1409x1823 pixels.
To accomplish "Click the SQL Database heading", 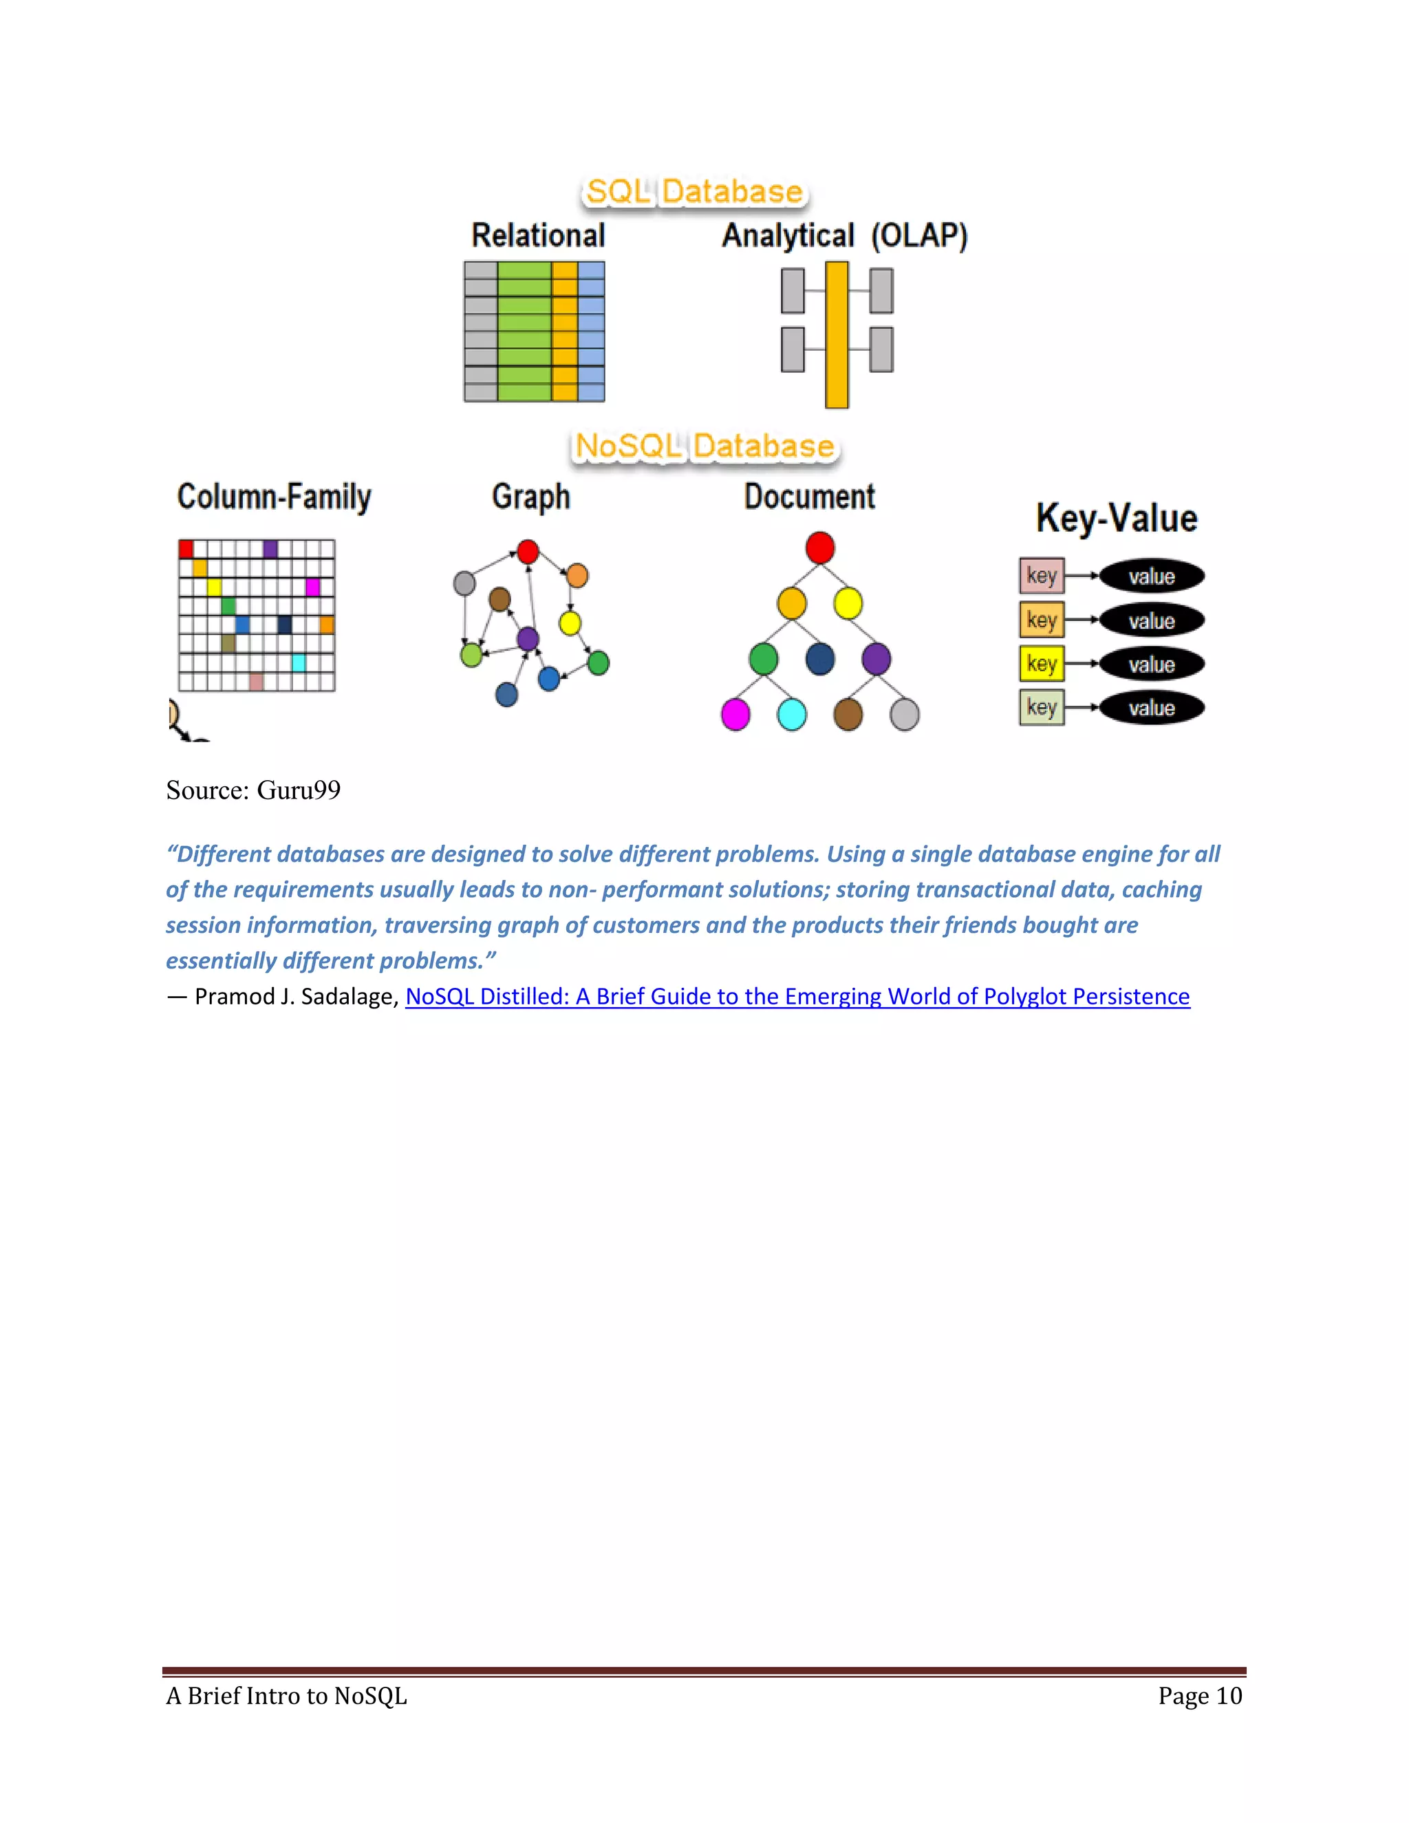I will coord(693,192).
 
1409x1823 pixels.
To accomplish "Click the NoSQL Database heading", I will coord(704,446).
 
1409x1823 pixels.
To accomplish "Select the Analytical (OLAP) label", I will coord(844,236).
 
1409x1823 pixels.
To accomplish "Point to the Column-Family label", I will coord(274,497).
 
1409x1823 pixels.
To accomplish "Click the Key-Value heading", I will coord(1116,519).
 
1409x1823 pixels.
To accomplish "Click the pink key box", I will coord(1041,576).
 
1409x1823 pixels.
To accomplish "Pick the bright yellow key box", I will coord(1041,665).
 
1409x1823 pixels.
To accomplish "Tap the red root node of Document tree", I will coord(819,548).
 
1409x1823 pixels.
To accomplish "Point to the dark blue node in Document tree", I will coord(819,658).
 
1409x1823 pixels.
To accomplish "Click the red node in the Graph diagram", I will coord(528,552).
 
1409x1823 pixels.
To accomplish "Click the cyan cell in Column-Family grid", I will coord(298,662).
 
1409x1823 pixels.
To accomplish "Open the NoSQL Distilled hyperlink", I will coord(797,997).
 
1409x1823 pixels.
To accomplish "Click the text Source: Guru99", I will coord(253,790).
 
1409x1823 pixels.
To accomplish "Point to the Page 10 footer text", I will coord(1199,1696).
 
